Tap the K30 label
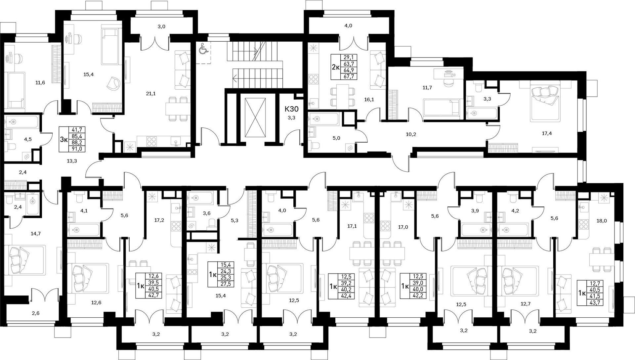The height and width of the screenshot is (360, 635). click(292, 109)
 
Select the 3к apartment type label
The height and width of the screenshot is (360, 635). click(63, 139)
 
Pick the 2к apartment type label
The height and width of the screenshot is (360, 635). click(336, 68)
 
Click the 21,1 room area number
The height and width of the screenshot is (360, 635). click(150, 94)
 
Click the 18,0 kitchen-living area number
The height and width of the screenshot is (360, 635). click(601, 221)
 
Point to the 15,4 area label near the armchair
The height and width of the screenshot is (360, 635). click(89, 74)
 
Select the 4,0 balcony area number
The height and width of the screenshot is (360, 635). click(348, 26)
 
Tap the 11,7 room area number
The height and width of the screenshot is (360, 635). click(427, 88)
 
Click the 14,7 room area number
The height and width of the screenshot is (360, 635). click(35, 234)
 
